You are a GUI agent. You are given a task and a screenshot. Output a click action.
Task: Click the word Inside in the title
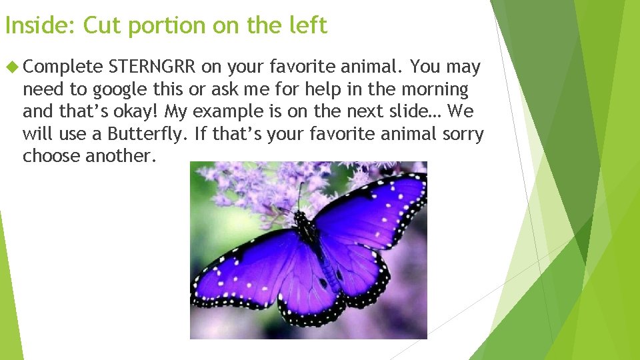tap(40, 25)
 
